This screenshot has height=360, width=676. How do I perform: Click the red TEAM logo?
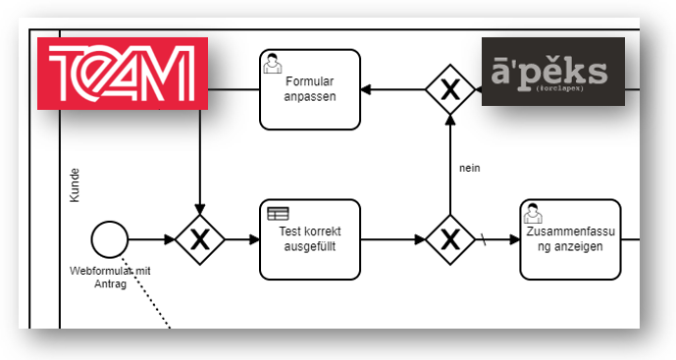click(x=122, y=74)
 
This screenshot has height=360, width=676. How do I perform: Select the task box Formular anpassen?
click(x=309, y=89)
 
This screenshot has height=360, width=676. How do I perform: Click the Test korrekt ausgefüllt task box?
click(x=309, y=238)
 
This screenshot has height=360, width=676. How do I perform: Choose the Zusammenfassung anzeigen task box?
click(x=570, y=238)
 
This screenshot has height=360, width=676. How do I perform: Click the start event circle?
click(x=109, y=238)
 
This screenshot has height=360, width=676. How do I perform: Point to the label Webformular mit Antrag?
click(x=109, y=277)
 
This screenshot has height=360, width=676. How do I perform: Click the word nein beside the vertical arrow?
click(x=469, y=168)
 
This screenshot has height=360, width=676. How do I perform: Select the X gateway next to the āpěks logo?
click(x=449, y=90)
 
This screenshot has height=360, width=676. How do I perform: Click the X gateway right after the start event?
click(x=199, y=238)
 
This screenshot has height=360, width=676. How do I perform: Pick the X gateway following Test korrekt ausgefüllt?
click(x=449, y=238)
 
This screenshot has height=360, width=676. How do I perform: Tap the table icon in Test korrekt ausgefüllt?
click(x=279, y=213)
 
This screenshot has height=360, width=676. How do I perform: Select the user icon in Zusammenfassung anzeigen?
click(x=533, y=213)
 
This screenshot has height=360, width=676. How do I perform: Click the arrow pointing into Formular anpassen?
click(x=392, y=90)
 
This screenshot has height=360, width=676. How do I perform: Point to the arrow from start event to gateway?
click(x=150, y=238)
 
